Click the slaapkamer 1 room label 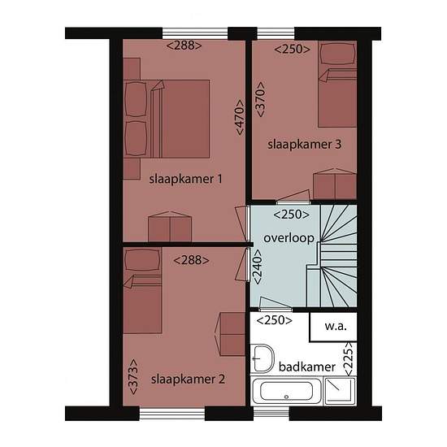pos(185,180)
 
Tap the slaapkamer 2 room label pos(188,380)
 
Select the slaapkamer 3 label pos(304,144)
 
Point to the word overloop pos(289,238)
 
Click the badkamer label pos(307,367)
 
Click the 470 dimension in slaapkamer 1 pos(240,117)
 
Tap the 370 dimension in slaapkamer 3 pos(260,99)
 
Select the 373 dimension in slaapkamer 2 pos(133,376)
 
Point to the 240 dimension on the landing pos(258,267)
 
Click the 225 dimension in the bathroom pos(349,359)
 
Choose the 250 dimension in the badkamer pos(274,320)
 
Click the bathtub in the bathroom pos(287,391)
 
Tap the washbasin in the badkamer pos(263,358)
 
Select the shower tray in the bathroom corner pos(340,391)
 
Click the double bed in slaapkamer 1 pos(167,119)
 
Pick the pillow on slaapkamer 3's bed pos(338,54)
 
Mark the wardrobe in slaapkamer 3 pos(335,184)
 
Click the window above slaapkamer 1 pos(195,33)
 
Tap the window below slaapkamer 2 pos(172,414)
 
